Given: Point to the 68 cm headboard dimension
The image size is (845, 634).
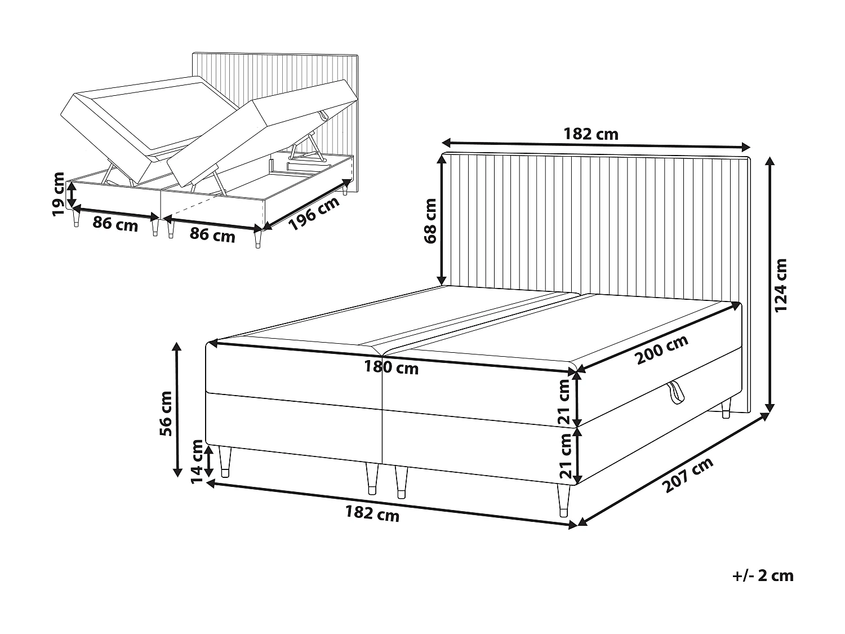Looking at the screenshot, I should (431, 220).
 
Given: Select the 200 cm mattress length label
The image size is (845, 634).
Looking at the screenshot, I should (662, 350).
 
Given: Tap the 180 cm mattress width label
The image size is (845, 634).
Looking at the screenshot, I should (391, 368).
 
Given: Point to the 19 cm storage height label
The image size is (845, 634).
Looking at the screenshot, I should (58, 194).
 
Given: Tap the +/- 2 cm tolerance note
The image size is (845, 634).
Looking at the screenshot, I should (763, 575).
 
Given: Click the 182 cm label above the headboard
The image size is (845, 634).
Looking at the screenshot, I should (591, 134).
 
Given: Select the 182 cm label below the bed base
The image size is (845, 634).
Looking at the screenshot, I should (372, 513).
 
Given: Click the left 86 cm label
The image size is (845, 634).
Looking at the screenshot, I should (115, 224).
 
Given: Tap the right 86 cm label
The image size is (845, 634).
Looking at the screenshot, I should (212, 234).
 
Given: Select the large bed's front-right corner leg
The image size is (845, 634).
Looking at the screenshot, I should (563, 500).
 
